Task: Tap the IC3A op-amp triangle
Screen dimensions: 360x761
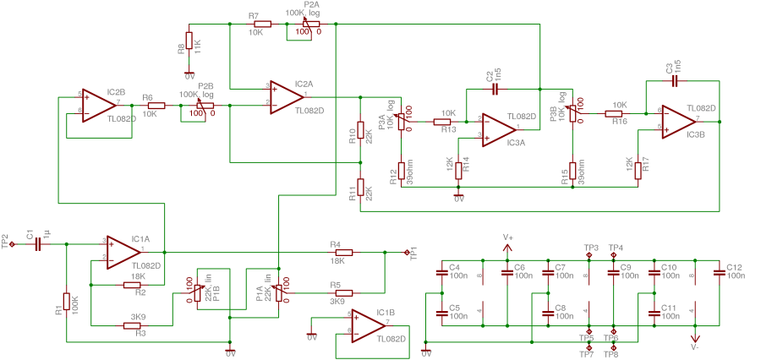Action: click(x=500, y=128)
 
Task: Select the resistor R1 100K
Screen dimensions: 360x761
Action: click(x=66, y=303)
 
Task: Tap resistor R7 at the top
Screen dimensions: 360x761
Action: click(x=261, y=25)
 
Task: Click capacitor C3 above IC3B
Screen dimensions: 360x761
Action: click(x=674, y=81)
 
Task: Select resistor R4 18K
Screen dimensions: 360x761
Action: click(x=342, y=252)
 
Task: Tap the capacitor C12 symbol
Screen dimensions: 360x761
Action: click(x=718, y=272)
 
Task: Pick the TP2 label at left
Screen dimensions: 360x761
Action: click(x=7, y=238)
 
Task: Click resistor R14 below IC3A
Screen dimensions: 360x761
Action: click(x=459, y=170)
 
